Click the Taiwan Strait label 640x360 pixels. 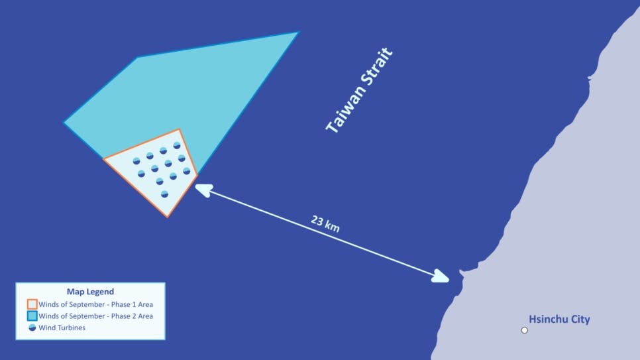click(x=360, y=90)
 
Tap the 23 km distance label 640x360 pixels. click(x=325, y=223)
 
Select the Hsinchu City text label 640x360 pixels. click(x=559, y=320)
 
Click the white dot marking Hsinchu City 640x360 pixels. click(x=525, y=330)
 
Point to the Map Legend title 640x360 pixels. click(x=90, y=291)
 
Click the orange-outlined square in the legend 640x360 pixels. click(x=32, y=304)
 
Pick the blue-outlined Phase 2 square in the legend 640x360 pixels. click(x=32, y=316)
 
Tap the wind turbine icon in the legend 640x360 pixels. click(x=32, y=328)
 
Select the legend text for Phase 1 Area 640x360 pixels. click(x=95, y=304)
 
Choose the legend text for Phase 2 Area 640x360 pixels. click(x=95, y=316)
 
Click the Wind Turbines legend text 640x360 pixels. click(x=62, y=328)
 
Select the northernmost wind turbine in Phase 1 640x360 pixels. click(x=177, y=145)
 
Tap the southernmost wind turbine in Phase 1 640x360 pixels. click(x=164, y=194)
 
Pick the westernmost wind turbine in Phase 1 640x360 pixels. click(x=136, y=160)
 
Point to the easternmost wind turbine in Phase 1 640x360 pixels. click(x=187, y=171)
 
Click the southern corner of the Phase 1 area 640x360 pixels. click(x=168, y=216)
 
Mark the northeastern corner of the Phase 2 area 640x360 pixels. click(x=298, y=32)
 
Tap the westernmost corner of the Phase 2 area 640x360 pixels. click(x=64, y=123)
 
